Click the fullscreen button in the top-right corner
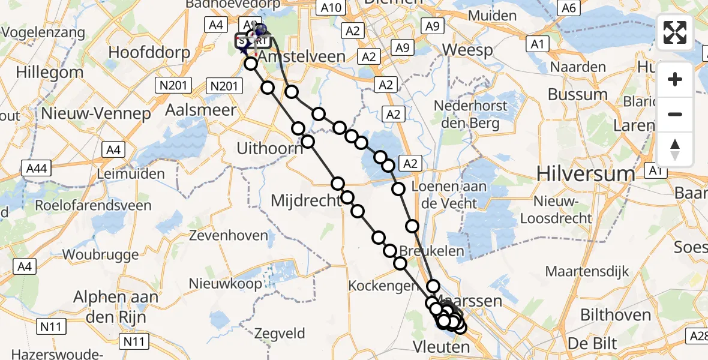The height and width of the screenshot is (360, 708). pyautogui.click(x=675, y=32)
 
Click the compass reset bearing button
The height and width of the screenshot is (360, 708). pyautogui.click(x=675, y=149)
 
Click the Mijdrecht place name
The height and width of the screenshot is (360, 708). pyautogui.click(x=306, y=200)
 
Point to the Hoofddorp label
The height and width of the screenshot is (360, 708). pyautogui.click(x=149, y=52)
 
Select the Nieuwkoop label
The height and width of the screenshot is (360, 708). pyautogui.click(x=225, y=283)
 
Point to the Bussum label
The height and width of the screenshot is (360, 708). pyautogui.click(x=578, y=94)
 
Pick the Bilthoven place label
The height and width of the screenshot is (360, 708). pyautogui.click(x=615, y=315)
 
